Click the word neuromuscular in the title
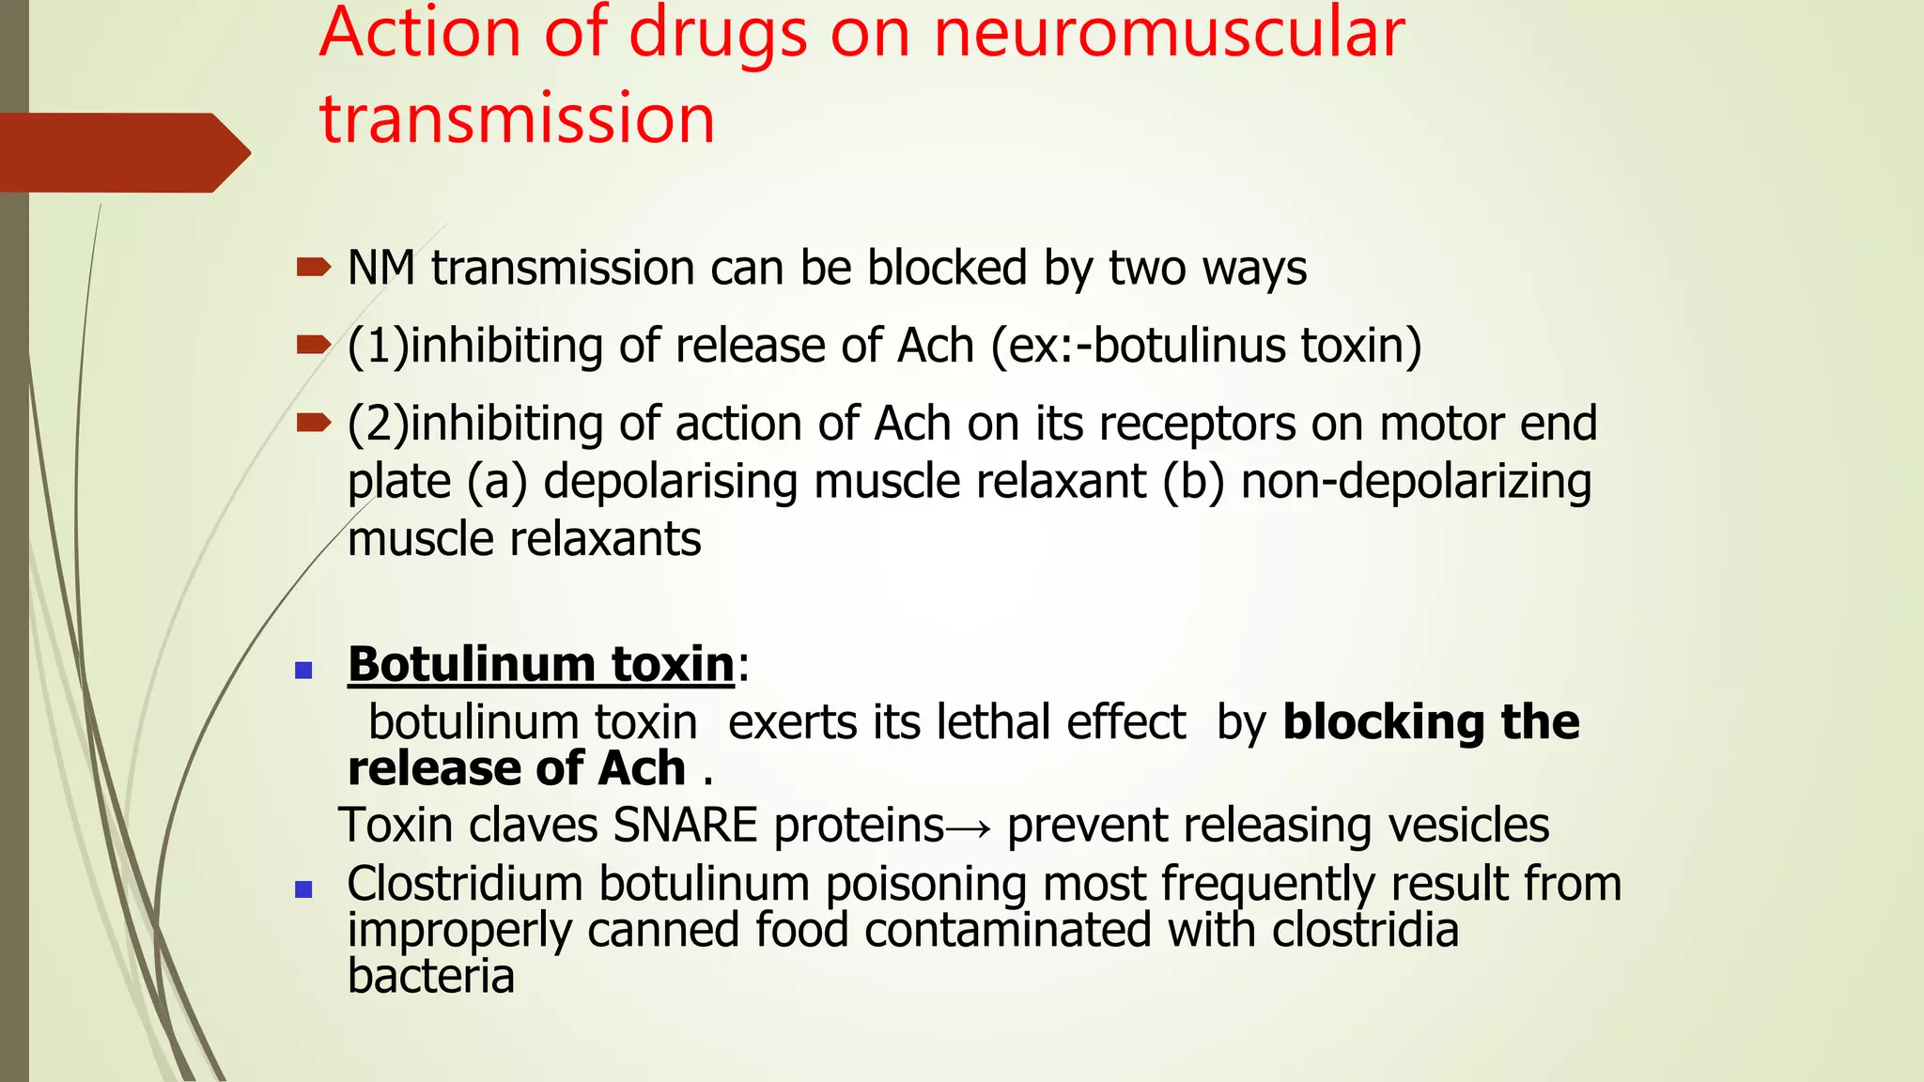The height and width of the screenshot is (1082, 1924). click(1169, 34)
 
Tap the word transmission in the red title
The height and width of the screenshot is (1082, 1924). click(518, 119)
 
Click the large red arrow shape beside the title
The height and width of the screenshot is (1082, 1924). click(122, 152)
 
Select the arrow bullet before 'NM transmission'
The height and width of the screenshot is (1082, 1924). click(313, 268)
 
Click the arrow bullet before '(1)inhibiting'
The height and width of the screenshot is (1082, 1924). click(313, 346)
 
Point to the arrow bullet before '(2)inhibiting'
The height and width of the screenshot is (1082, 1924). click(313, 424)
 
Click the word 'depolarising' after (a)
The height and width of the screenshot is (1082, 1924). click(670, 482)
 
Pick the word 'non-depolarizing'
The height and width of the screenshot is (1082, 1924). click(1416, 482)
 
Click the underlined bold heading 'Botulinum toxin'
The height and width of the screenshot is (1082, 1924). click(540, 665)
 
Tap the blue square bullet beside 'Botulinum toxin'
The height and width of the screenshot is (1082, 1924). click(303, 670)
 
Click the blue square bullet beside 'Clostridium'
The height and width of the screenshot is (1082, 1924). click(303, 889)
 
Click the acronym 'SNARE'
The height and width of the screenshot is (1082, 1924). click(685, 826)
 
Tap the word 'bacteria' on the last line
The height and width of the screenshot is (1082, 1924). click(431, 977)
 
